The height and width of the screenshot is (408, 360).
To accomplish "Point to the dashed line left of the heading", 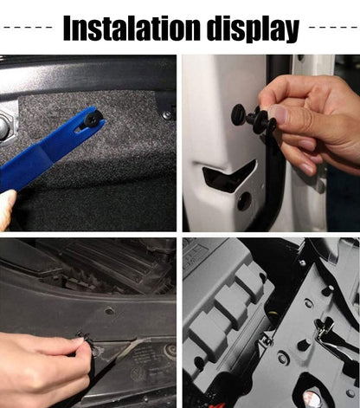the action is tap(28, 28).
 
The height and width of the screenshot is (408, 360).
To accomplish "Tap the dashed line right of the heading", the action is tap(332, 28).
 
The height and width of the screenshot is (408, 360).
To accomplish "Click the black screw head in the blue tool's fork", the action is tap(91, 118).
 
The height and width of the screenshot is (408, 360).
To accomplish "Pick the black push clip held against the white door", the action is tap(254, 116).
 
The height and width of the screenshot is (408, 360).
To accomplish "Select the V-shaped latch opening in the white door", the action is tap(228, 175).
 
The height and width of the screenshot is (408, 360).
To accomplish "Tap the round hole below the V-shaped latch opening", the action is tap(244, 201).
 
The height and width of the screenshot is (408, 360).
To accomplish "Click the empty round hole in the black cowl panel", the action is tap(109, 311).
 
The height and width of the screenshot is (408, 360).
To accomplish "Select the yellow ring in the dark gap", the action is tap(273, 314).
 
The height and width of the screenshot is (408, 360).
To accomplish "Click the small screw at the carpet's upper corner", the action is tap(166, 116).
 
